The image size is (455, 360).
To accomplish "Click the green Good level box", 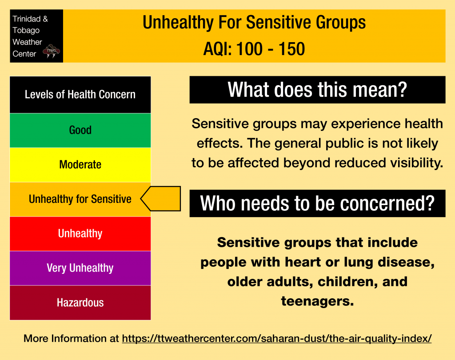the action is pos(80,131).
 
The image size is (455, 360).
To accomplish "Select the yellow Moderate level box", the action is pos(80,165).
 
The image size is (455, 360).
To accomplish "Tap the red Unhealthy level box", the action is pos(80,234).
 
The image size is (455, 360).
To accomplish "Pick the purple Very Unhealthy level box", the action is pos(80,269).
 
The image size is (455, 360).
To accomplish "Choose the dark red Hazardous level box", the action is pos(80,303).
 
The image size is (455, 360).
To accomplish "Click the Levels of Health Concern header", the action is pos(80,95).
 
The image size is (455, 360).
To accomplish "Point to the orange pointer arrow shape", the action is pos(160,198).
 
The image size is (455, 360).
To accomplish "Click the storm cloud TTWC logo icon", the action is pos(51,51).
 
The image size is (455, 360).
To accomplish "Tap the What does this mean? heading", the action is pos(317,90).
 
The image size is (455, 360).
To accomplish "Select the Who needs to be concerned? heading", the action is pos(317,203).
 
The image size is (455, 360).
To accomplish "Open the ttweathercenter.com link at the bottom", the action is pos(277,339).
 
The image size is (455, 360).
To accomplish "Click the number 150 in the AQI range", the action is pos(291,49).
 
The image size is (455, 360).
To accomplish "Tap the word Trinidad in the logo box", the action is pos(26,19).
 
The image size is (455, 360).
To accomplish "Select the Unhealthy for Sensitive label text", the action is pos(80,199).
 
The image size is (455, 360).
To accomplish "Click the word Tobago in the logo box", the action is pos(26,31).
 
